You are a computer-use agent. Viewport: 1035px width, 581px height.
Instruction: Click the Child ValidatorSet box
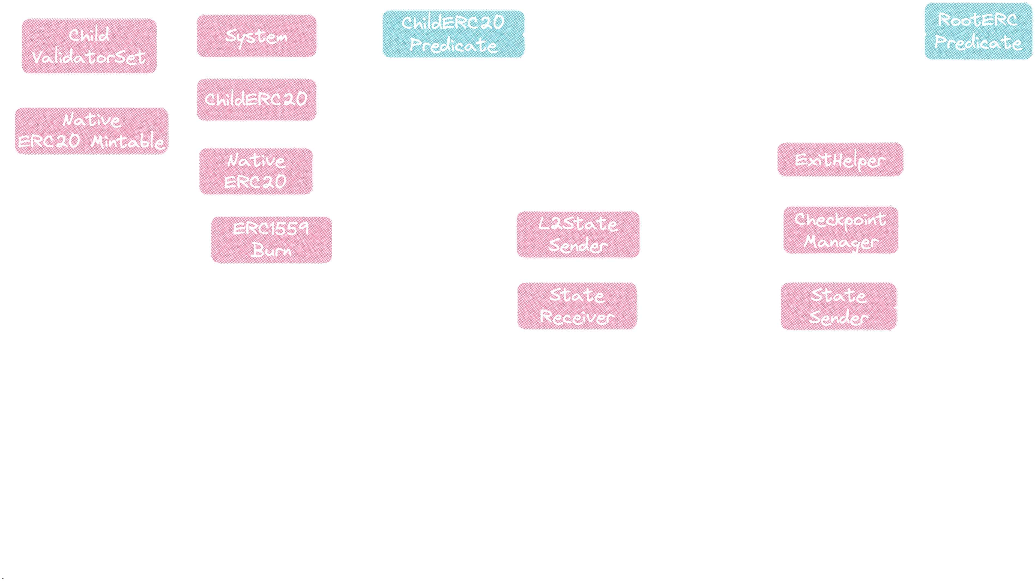tap(89, 46)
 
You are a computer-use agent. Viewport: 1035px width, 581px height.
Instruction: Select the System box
tap(256, 36)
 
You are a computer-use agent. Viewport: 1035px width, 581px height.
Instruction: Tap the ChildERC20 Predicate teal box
tap(453, 34)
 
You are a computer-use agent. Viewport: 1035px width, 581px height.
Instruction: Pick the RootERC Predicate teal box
tap(978, 31)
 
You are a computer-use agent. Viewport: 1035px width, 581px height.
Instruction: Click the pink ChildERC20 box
tap(256, 100)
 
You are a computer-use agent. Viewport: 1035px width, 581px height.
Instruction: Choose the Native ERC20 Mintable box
tap(91, 131)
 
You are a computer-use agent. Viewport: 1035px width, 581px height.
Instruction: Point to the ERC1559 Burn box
tap(271, 240)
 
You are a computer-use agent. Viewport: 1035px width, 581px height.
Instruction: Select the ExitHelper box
tap(840, 160)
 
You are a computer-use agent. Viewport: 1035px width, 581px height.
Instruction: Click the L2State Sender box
tap(578, 234)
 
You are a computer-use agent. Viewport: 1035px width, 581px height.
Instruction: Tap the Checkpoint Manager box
tap(840, 230)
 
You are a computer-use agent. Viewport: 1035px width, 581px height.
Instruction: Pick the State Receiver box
tap(577, 306)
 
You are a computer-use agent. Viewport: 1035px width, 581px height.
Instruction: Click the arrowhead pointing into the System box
tap(319, 38)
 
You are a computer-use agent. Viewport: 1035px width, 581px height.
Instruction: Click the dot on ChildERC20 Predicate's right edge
tap(525, 35)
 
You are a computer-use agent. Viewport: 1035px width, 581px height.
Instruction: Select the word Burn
tap(271, 250)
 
